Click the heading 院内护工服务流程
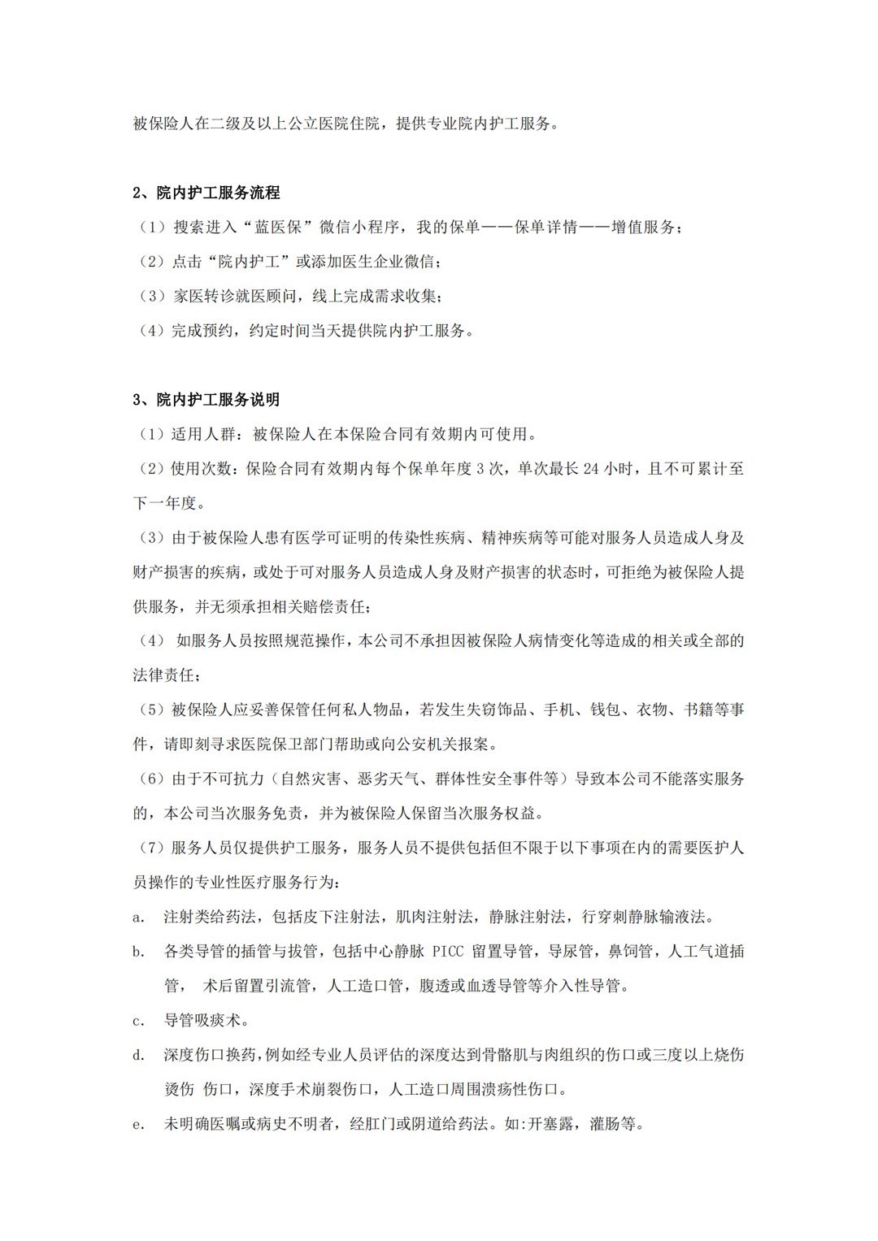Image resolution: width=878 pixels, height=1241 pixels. (x=218, y=193)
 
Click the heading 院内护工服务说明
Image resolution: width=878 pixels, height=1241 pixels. (x=218, y=400)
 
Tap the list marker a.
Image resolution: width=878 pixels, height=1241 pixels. (x=138, y=918)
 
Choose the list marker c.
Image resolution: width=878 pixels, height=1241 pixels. (x=138, y=1021)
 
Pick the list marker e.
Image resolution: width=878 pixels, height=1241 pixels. (x=138, y=1125)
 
